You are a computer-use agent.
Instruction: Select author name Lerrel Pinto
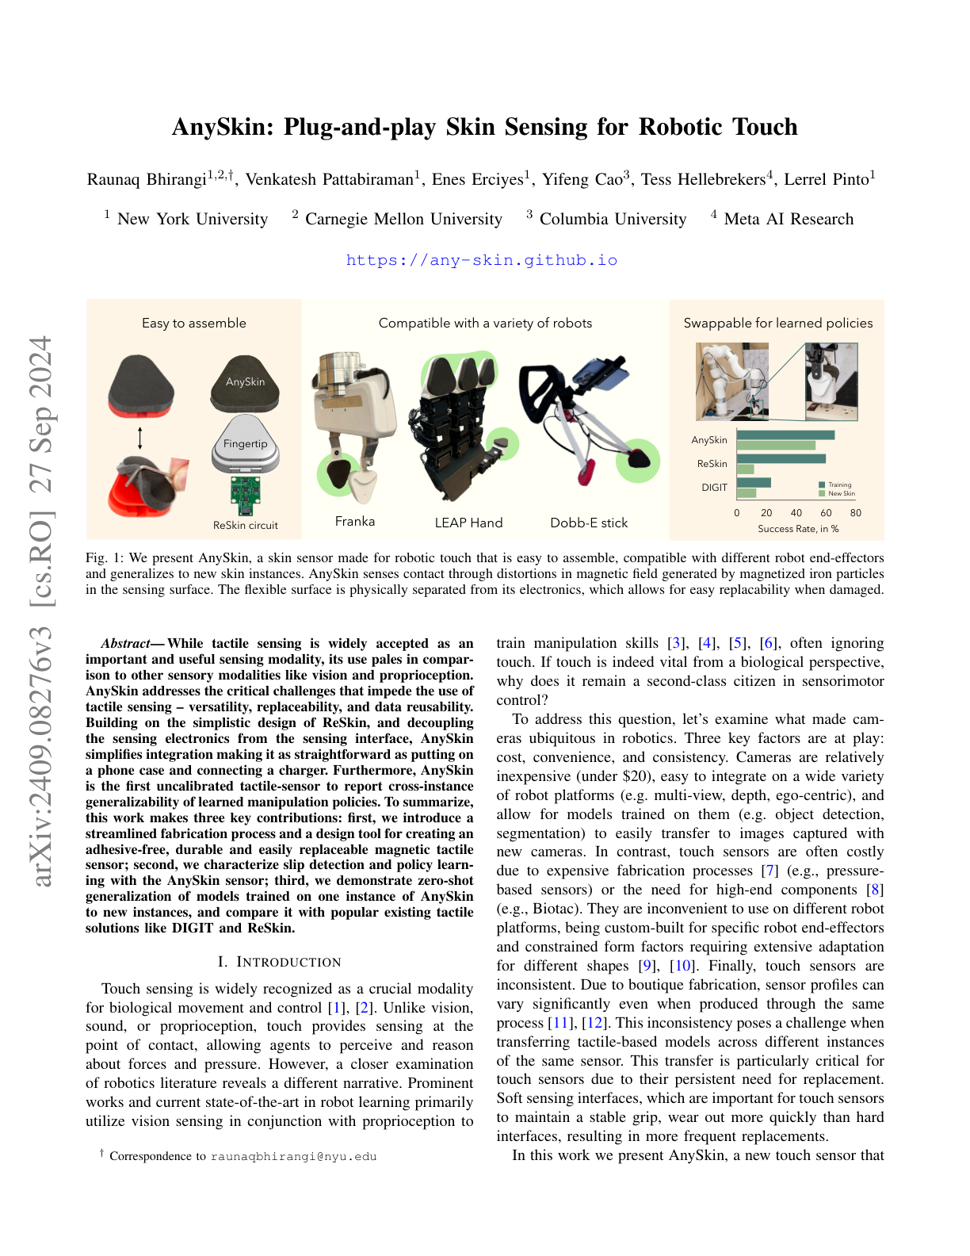pos(827,179)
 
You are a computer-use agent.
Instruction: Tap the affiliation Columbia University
pos(613,219)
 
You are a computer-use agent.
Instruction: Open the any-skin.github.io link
pos(482,260)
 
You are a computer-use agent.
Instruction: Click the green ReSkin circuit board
pos(246,495)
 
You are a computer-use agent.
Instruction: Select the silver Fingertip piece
pos(246,445)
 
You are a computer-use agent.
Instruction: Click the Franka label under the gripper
pos(355,521)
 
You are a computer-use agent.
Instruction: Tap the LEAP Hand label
pos(468,523)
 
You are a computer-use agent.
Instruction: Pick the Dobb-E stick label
pos(589,523)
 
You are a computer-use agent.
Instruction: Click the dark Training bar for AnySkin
pos(785,435)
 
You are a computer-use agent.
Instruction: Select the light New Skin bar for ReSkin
pos(745,469)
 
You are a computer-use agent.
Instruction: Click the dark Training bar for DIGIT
pos(754,482)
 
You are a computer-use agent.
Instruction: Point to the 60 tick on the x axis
pos(826,513)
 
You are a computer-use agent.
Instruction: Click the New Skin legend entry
pos(840,493)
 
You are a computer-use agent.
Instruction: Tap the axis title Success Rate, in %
pos(798,529)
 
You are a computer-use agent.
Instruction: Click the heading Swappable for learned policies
pos(777,323)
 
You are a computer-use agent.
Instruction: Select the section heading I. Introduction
pos(279,962)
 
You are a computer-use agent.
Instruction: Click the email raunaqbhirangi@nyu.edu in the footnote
pos(293,1156)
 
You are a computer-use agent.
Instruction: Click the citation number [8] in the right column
pos(874,890)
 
